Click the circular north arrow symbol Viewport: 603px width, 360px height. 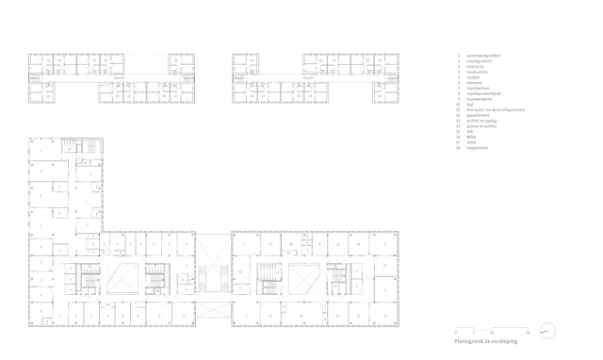point(547,331)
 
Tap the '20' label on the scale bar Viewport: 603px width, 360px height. point(530,333)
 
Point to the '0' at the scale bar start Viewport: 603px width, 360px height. point(456,333)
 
